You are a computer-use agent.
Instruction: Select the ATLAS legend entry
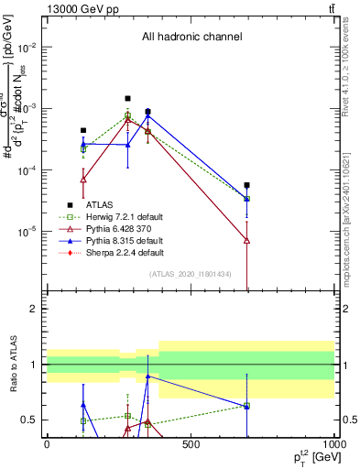tap(104, 204)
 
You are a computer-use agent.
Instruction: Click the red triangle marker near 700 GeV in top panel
tap(247, 240)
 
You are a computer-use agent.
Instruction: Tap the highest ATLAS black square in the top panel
tap(128, 98)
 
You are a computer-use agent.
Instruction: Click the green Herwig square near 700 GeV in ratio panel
tap(247, 405)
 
